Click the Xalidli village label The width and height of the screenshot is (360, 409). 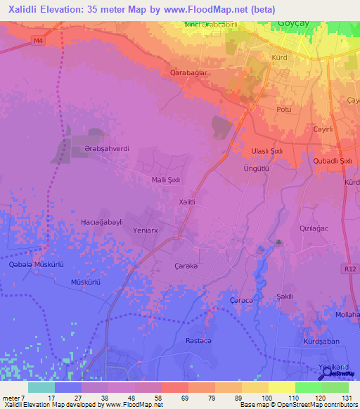[x=186, y=202]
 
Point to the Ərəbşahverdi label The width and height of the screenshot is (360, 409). [x=108, y=149]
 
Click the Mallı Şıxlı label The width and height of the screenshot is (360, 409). [x=166, y=180]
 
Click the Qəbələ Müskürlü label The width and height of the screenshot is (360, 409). [x=37, y=265]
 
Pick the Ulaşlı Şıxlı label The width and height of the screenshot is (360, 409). [x=266, y=151]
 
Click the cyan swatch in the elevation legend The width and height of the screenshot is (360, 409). [x=41, y=387]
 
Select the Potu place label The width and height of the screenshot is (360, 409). [x=284, y=110]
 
